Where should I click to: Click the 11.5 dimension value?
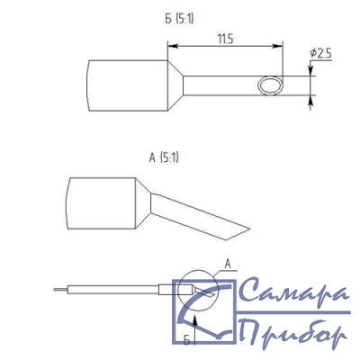point(225,39)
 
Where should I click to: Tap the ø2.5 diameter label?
point(320,54)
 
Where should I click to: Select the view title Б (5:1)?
point(179,19)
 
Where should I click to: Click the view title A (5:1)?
point(164,157)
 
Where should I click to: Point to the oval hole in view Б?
point(270,85)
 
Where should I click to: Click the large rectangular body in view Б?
point(127,85)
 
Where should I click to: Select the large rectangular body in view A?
point(101,203)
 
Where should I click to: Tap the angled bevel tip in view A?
point(238,233)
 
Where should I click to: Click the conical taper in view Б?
point(175,85)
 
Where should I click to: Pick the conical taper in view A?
point(143,203)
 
